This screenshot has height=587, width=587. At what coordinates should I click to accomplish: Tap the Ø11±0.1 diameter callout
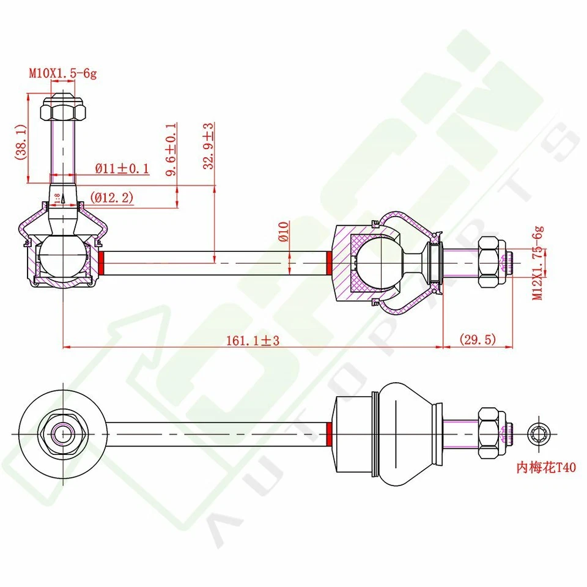122,168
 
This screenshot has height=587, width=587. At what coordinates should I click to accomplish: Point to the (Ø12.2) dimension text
112,198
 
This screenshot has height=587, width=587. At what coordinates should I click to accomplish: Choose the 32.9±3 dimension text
209,146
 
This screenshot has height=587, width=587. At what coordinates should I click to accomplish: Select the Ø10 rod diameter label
282,232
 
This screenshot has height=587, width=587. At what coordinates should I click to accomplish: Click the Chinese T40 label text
546,468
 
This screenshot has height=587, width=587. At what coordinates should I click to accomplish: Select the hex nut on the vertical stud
62,111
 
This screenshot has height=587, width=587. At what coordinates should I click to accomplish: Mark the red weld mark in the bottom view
330,434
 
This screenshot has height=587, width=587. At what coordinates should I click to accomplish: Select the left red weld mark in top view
102,263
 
